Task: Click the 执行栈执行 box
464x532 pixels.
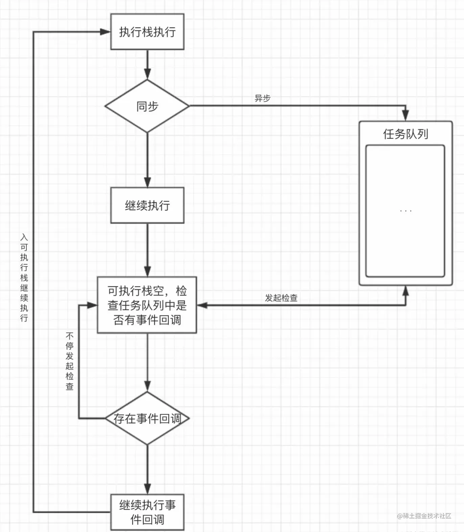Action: (147, 32)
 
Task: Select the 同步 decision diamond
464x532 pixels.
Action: (147, 106)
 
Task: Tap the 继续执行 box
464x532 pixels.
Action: (147, 205)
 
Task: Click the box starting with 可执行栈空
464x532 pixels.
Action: (147, 305)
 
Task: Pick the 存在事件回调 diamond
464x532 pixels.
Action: (147, 418)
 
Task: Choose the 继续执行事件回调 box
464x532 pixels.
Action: (147, 512)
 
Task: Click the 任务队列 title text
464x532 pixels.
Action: (405, 134)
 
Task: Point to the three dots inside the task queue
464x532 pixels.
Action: (405, 211)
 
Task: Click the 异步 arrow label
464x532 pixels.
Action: (262, 98)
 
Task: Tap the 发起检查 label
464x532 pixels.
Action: (281, 298)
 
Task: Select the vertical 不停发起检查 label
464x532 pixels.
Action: (70, 361)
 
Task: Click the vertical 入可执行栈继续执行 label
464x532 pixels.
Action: (24, 277)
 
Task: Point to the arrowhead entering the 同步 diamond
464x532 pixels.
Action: (147, 74)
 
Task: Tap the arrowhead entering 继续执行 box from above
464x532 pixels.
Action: (147, 182)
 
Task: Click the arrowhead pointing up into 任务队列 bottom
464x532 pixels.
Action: (405, 291)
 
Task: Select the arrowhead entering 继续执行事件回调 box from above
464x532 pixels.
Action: (147, 488)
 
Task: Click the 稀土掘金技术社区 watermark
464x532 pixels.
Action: (424, 516)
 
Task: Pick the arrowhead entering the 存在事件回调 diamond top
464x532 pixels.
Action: (147, 386)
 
